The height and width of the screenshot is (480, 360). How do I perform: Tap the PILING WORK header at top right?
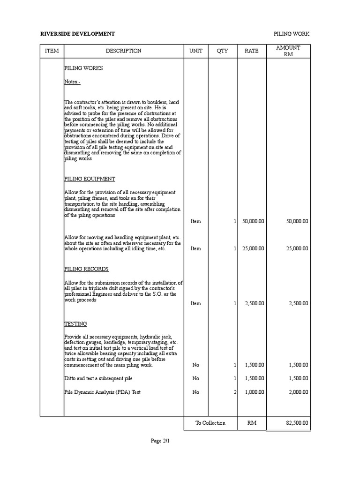pos(292,34)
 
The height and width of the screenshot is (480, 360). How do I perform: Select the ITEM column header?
pos(52,51)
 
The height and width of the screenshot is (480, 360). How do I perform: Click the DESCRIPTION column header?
pos(123,51)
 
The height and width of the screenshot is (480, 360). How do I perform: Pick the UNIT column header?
pos(195,51)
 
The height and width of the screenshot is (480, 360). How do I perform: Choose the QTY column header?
pos(222,51)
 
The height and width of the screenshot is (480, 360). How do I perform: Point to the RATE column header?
pos(251,51)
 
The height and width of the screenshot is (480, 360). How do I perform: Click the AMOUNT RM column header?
pos(288,51)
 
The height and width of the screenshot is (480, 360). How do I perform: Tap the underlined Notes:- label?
pos(72,82)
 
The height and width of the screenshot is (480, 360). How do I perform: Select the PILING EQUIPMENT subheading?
pos(90,179)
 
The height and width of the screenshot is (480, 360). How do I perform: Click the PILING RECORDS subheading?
pos(86,269)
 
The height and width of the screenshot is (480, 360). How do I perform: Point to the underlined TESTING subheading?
pos(75,324)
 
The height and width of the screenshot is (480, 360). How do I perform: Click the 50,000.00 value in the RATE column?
pos(253,221)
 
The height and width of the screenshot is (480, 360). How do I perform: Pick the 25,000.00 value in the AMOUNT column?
pos(297,248)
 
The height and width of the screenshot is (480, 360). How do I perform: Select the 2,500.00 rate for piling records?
pos(255,303)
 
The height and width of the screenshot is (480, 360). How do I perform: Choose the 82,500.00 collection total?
pos(297,423)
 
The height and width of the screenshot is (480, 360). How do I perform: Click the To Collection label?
pos(210,423)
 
